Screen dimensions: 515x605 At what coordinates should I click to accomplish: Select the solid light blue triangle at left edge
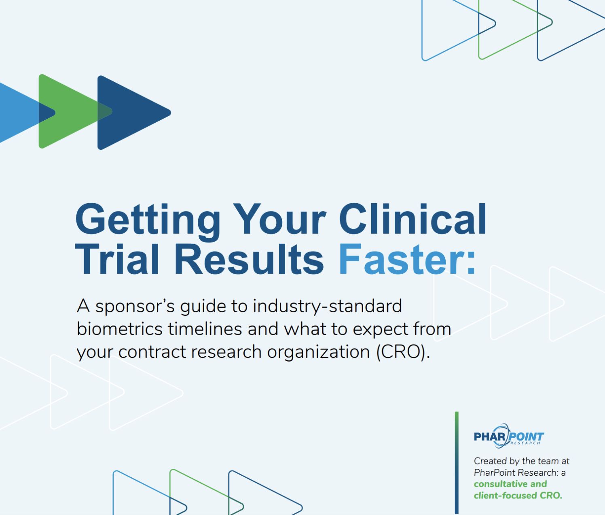coord(18,113)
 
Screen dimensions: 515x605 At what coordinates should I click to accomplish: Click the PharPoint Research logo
coord(508,436)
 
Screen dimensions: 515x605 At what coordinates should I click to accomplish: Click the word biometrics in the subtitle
coord(120,329)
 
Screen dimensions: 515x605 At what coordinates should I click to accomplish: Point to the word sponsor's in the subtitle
coord(135,306)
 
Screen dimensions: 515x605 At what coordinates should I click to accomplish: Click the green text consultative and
coord(510,484)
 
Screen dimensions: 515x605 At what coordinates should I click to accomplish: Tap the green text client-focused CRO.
coord(518,496)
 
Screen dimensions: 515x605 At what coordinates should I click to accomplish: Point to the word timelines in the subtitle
coord(205,329)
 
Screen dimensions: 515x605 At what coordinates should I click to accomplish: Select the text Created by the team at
coord(521,461)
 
